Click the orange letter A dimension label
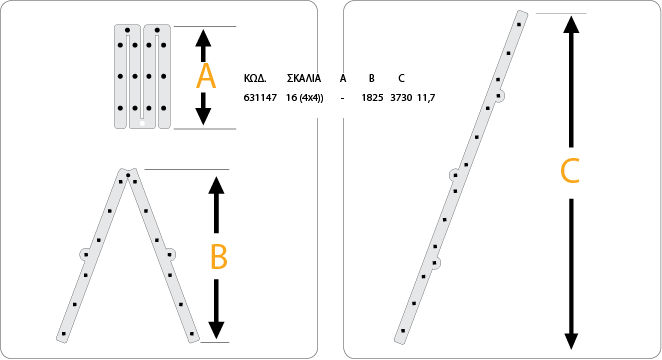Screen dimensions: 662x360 [x=206, y=76]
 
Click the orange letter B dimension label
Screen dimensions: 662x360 [x=219, y=256]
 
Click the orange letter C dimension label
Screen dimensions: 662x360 [x=570, y=171]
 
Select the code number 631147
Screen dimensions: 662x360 [x=260, y=97]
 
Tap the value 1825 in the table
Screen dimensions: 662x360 [x=372, y=97]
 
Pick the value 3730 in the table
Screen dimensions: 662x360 [x=401, y=97]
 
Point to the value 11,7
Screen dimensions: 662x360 [x=426, y=98]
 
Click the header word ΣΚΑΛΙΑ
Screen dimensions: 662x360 [x=304, y=78]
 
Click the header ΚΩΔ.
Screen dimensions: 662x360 [x=255, y=78]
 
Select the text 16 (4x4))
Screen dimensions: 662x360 [x=304, y=98]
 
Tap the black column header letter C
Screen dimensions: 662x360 [x=401, y=78]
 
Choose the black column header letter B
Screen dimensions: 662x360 [x=372, y=78]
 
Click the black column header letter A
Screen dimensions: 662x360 [x=343, y=78]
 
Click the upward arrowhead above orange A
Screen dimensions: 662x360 [x=203, y=39]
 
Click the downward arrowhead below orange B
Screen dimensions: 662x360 [x=216, y=330]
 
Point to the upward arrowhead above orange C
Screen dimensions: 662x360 [x=571, y=25]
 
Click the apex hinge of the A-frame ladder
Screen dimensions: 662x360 [x=128, y=174]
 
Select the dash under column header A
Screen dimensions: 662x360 [x=342, y=98]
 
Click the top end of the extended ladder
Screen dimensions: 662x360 [x=522, y=15]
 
